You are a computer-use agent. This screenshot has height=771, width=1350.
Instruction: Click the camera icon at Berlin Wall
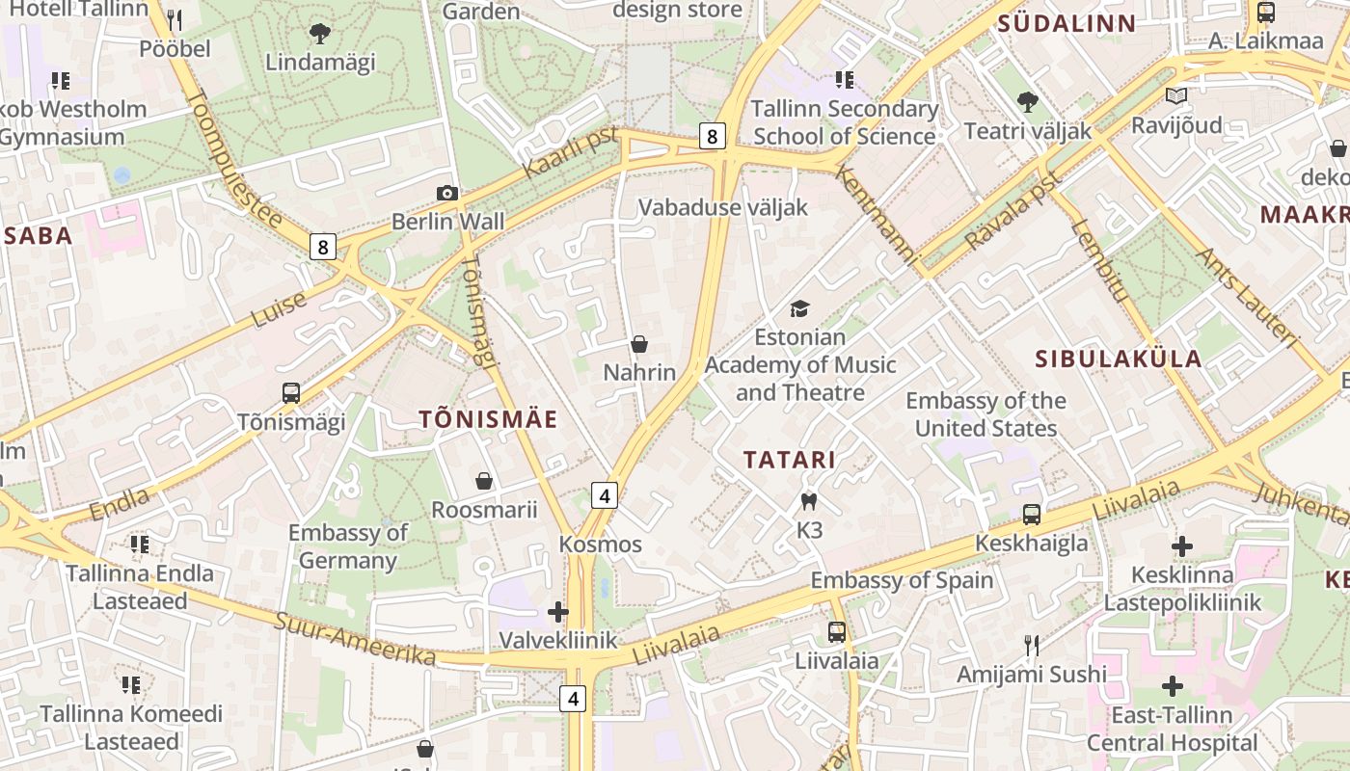click(446, 193)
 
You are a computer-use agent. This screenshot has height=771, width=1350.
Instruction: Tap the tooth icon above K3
click(809, 501)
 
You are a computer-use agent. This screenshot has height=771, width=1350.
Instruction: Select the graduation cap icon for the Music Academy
click(799, 308)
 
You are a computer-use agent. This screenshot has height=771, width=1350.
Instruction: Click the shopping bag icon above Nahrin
click(638, 344)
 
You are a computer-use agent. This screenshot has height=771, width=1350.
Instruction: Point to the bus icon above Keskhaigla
click(1032, 515)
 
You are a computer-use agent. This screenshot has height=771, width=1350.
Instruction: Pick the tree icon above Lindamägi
click(319, 35)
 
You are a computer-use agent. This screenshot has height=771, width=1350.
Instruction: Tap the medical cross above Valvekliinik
click(558, 611)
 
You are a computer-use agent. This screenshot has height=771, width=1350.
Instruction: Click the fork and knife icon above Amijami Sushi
click(1032, 646)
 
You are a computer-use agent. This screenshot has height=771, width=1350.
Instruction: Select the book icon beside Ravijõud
click(1175, 95)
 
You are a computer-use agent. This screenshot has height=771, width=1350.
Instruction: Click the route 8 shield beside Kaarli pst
click(712, 136)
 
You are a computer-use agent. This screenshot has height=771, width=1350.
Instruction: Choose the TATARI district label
click(789, 460)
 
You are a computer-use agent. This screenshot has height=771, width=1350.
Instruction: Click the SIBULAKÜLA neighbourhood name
click(1119, 359)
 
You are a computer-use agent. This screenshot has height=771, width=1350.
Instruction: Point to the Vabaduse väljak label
click(723, 207)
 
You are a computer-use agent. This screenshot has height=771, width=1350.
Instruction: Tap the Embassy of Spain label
click(902, 580)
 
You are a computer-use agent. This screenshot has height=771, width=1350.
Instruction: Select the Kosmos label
click(601, 545)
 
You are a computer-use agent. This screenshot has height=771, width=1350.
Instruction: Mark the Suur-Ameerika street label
click(356, 638)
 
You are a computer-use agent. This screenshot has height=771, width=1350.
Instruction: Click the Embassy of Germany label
click(347, 546)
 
